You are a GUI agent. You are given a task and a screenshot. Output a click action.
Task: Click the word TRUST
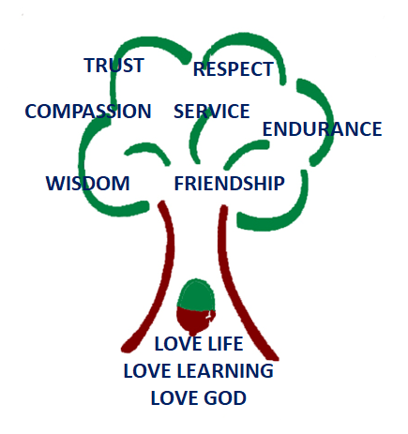click(x=113, y=66)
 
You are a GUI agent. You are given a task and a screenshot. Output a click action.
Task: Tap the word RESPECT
click(x=234, y=69)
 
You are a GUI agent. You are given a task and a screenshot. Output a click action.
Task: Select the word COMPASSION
click(x=88, y=112)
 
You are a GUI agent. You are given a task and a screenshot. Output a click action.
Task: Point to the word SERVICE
click(x=212, y=112)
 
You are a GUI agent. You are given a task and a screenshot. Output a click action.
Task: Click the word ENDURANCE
click(x=322, y=129)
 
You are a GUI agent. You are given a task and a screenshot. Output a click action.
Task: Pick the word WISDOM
click(x=87, y=184)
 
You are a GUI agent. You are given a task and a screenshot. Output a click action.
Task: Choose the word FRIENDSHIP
click(x=229, y=184)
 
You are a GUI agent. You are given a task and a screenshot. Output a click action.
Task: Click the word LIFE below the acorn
click(x=225, y=344)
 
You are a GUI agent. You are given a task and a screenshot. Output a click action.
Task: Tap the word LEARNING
click(x=225, y=371)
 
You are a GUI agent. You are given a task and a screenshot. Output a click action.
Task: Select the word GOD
click(x=225, y=398)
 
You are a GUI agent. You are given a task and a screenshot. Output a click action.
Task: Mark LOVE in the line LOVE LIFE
click(x=178, y=344)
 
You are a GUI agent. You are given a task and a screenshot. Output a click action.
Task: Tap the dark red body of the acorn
click(x=195, y=321)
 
